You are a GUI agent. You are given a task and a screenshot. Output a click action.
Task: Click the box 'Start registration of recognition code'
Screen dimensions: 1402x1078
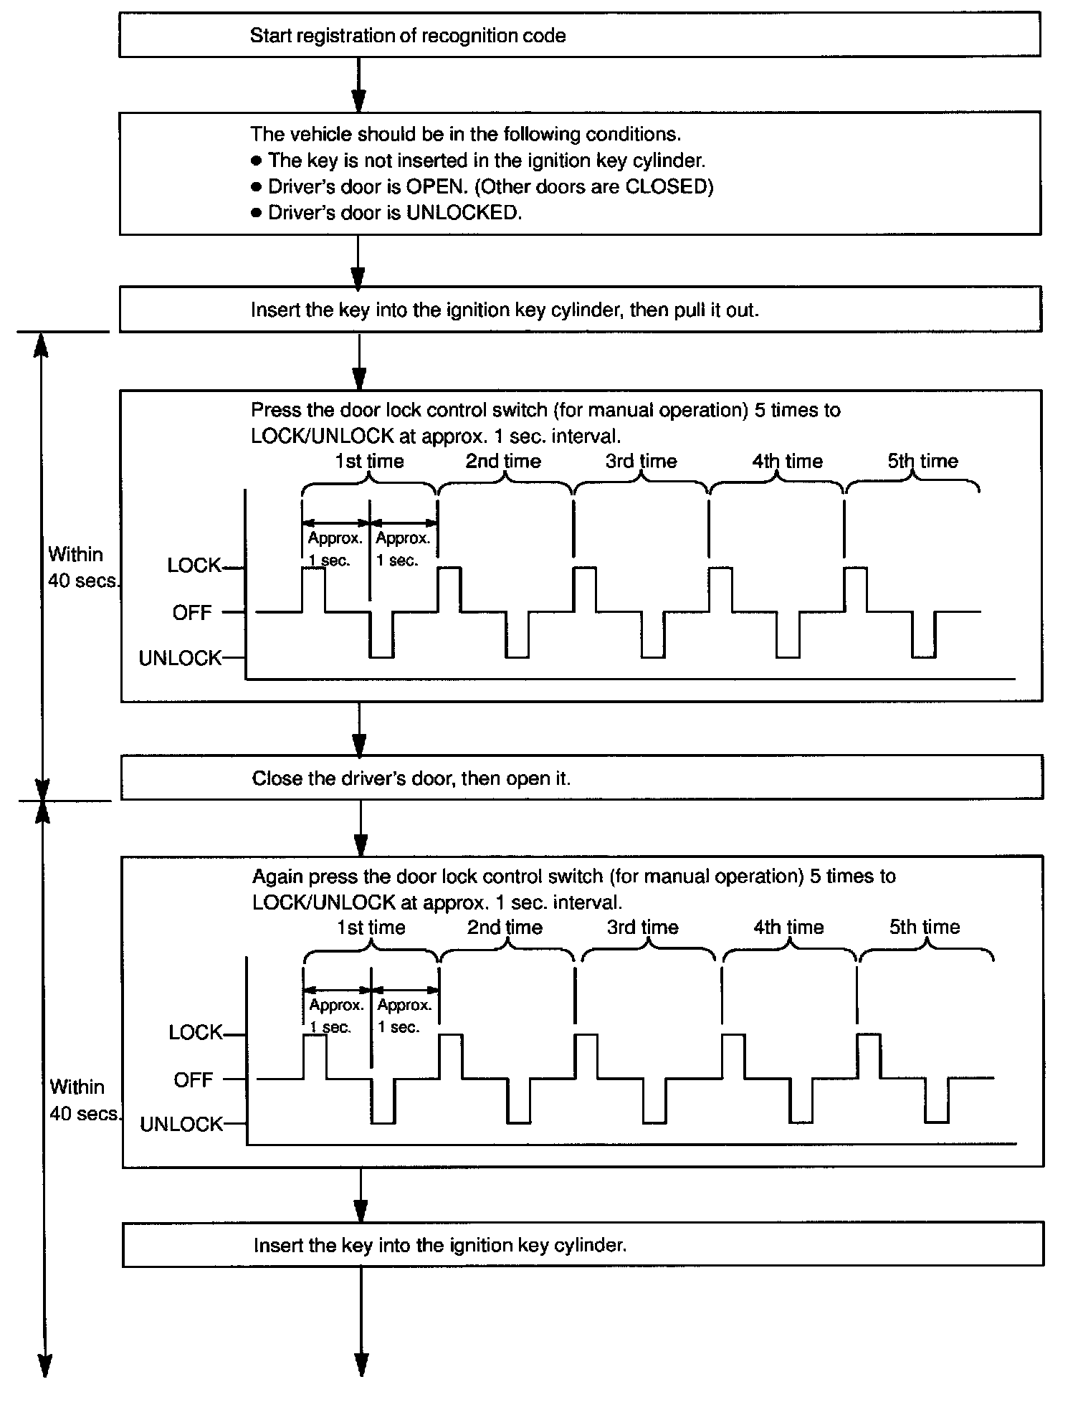[x=579, y=34]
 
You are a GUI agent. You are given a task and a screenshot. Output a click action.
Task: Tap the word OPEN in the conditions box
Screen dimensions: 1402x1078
[x=436, y=186]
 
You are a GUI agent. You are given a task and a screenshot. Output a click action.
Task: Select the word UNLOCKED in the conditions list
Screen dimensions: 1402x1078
[x=462, y=213]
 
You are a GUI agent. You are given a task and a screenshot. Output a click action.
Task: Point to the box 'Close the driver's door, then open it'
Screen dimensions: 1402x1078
[x=582, y=778]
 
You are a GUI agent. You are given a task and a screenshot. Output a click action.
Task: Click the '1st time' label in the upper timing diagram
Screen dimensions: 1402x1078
[x=369, y=461]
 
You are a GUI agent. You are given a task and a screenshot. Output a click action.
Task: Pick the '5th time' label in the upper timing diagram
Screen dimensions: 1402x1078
[x=922, y=461]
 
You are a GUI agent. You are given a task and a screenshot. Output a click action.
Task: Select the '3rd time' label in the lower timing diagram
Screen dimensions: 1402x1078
[x=642, y=927]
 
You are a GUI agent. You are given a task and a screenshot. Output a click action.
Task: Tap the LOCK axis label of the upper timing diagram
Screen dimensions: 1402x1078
[x=194, y=566]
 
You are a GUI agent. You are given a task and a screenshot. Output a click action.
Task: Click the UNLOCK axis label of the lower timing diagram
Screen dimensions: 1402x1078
[x=181, y=1124]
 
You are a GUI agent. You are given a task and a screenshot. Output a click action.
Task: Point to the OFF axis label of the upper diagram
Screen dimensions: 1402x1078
[x=192, y=613]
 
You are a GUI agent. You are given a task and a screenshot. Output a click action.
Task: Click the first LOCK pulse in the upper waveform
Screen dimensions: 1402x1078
[x=313, y=589]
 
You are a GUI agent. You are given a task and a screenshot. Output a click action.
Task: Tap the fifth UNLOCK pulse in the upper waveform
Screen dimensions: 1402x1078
[x=923, y=635]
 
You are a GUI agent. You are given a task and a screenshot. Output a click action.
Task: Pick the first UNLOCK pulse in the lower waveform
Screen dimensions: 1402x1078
[x=383, y=1100]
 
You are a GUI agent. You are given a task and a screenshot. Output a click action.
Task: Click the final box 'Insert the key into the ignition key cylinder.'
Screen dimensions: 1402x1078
[x=583, y=1245]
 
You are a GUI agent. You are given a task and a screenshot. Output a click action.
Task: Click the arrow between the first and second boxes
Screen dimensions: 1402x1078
[x=359, y=85]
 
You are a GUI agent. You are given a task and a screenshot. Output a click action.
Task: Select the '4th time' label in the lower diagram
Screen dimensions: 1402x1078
[x=788, y=927]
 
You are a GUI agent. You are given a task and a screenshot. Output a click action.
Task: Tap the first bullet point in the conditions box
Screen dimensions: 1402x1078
[x=257, y=161]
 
